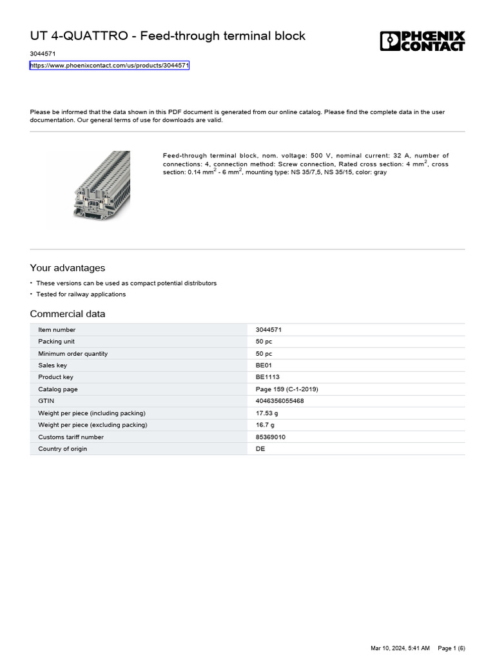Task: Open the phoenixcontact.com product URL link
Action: (x=110, y=66)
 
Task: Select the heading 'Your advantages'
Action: (x=67, y=268)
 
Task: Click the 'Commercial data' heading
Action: (x=68, y=314)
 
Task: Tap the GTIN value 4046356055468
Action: (x=280, y=401)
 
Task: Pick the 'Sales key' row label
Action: (x=52, y=365)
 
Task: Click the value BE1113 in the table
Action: (x=267, y=377)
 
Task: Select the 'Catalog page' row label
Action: (x=57, y=389)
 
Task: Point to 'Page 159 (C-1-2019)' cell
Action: (x=287, y=389)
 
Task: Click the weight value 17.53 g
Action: (x=267, y=413)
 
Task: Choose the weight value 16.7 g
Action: (x=265, y=425)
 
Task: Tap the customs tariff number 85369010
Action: (x=271, y=437)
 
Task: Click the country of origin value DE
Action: (x=260, y=449)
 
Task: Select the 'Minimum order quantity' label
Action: (x=73, y=354)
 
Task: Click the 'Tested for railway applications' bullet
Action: (x=81, y=295)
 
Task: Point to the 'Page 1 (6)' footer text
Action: (x=451, y=648)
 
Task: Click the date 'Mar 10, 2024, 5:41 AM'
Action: (x=400, y=648)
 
